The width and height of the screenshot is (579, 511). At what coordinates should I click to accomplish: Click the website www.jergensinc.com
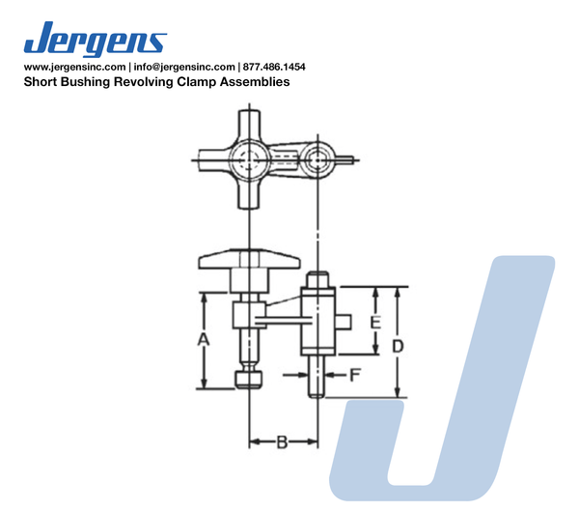[74, 67]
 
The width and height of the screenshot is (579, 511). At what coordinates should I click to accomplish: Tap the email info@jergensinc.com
[184, 67]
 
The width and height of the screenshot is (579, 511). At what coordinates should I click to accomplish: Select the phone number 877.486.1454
[274, 67]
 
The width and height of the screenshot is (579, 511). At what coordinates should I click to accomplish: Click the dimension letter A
[203, 340]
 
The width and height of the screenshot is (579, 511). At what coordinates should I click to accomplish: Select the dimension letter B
[282, 441]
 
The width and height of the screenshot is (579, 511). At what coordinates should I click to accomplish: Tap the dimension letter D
[398, 347]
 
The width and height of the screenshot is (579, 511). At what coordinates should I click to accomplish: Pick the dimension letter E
[375, 323]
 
